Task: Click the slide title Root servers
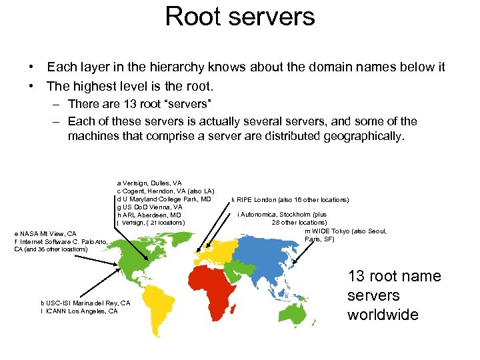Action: [x=240, y=17]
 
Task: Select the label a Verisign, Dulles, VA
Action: [x=149, y=183]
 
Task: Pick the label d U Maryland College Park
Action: [x=164, y=199]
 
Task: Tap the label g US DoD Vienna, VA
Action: [x=149, y=207]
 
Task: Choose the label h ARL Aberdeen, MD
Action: [x=149, y=215]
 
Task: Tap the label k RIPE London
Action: [x=290, y=199]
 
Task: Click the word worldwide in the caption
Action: [x=383, y=314]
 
